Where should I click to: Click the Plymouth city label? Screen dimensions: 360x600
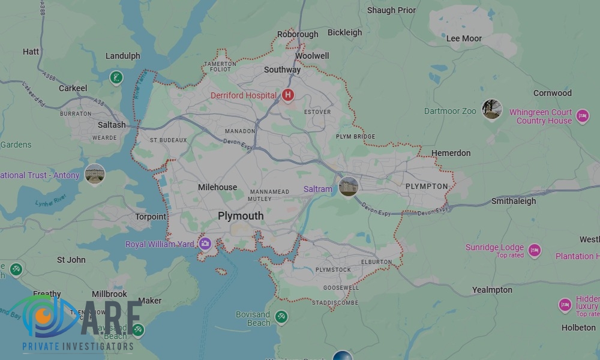(x=241, y=216)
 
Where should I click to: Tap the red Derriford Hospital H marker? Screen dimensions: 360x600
(x=288, y=95)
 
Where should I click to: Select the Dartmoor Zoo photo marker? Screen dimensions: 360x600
(x=492, y=109)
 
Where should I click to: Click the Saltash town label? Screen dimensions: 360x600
(x=112, y=125)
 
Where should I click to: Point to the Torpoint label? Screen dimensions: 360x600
(x=151, y=217)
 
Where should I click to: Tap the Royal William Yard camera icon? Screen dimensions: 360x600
(x=205, y=244)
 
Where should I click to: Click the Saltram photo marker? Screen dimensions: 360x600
(x=348, y=186)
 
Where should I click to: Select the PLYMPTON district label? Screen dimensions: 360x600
(x=427, y=187)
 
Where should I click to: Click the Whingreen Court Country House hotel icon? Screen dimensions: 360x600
(x=582, y=116)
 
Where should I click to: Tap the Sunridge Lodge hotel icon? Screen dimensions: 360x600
(x=534, y=250)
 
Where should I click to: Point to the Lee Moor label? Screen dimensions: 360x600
(x=464, y=38)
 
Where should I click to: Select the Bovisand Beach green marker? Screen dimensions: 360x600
(x=280, y=316)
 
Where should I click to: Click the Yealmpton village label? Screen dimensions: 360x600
(x=492, y=290)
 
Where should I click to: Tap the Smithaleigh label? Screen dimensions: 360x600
(x=514, y=202)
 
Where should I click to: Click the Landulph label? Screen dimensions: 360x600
(x=122, y=56)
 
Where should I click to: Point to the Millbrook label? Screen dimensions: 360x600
(x=110, y=294)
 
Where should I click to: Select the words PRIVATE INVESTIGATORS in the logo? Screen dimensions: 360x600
(x=77, y=347)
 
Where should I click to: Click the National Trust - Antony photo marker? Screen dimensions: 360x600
(x=95, y=175)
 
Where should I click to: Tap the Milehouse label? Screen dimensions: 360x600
(x=217, y=187)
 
